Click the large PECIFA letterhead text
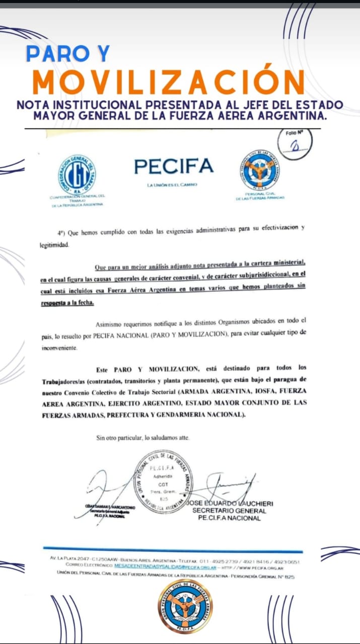coord(174,166)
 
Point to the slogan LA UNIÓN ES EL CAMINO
coord(172,185)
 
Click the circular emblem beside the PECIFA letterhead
coord(260,170)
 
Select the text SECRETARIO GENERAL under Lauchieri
coord(229,511)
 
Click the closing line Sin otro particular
coord(143,438)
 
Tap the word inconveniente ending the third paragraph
coord(59,348)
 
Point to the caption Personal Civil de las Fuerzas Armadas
coord(260,196)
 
